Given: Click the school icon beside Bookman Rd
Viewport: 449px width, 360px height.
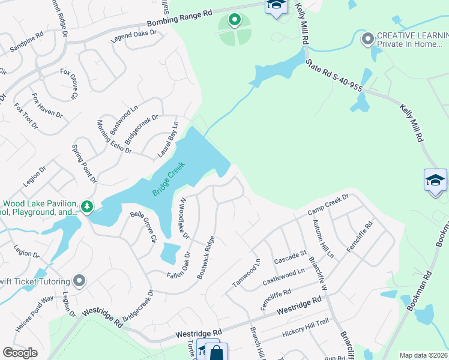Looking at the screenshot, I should pos(435,179).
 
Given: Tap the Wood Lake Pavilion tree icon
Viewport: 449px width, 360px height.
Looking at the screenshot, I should pos(88,207).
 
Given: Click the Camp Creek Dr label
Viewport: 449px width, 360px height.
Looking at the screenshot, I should pos(328,205).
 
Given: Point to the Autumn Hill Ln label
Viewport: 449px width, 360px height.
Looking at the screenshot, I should pos(322,238).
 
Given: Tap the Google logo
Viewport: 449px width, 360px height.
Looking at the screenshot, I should pos(20,353).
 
